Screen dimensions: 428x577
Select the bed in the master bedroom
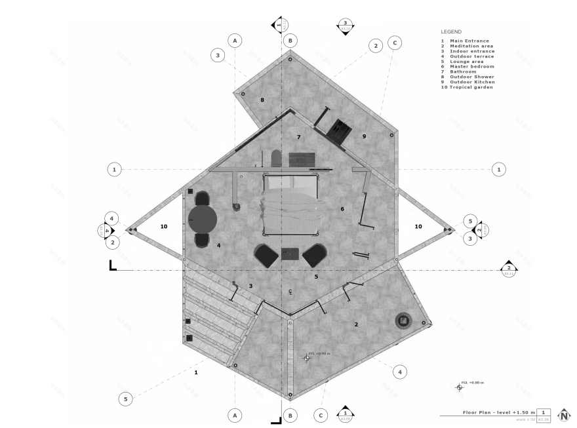[x=291, y=206]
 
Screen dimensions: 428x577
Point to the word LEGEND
[x=451, y=31]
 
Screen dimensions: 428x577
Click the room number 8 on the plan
[x=262, y=100]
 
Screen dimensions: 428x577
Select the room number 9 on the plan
[x=364, y=136]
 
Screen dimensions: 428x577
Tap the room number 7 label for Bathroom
[x=298, y=137]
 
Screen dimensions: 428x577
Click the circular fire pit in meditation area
[x=402, y=321]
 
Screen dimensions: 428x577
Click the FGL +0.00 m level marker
[x=459, y=387]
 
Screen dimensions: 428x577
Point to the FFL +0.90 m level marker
[x=306, y=357]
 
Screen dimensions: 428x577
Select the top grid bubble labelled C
[x=394, y=43]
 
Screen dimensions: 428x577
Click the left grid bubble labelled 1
[x=115, y=170]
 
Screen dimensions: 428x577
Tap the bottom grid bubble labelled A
[x=235, y=414]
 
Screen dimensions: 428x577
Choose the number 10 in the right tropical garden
[x=418, y=226]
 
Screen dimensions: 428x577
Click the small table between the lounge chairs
[x=290, y=253]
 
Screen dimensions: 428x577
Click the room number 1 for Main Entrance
[x=196, y=372]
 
